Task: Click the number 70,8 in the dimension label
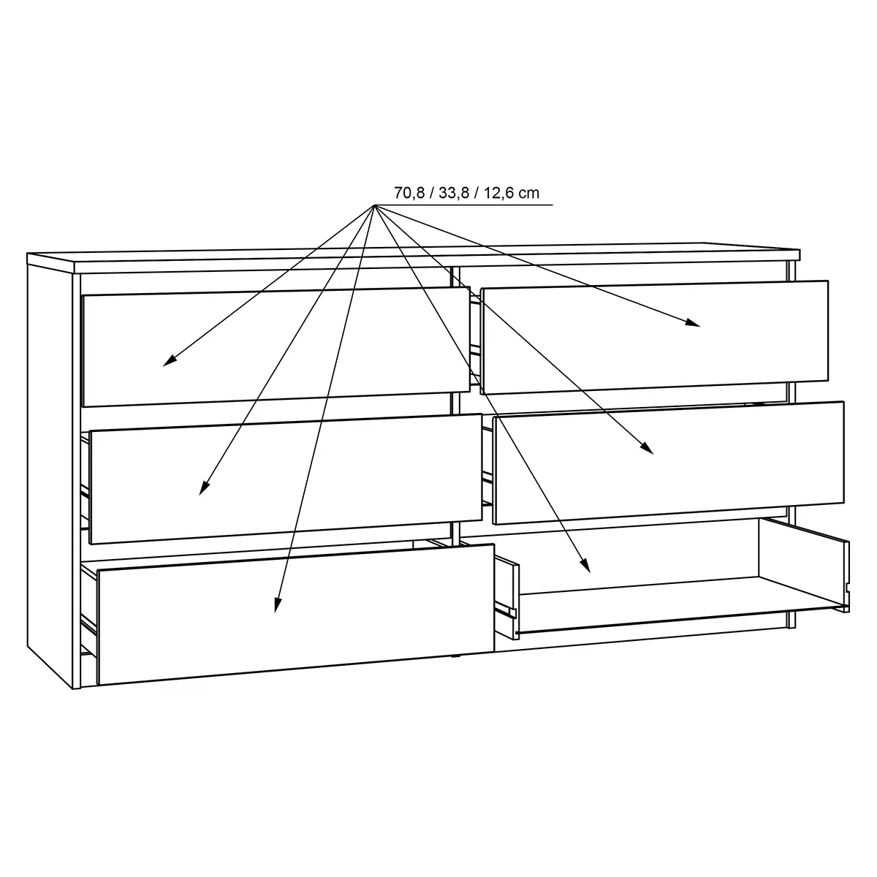click(409, 194)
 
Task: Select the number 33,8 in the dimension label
click(454, 194)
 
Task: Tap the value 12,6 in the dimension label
click(498, 194)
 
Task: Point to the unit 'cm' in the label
click(529, 194)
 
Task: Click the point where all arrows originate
click(374, 205)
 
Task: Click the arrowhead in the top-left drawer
click(170, 360)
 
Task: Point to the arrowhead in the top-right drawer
click(693, 323)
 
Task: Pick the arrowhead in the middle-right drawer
click(648, 448)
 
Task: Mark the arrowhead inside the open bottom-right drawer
click(585, 566)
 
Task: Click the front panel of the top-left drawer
click(276, 347)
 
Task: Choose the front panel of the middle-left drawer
click(285, 478)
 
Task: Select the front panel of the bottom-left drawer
click(296, 614)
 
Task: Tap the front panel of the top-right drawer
click(656, 337)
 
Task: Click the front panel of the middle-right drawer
click(669, 463)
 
